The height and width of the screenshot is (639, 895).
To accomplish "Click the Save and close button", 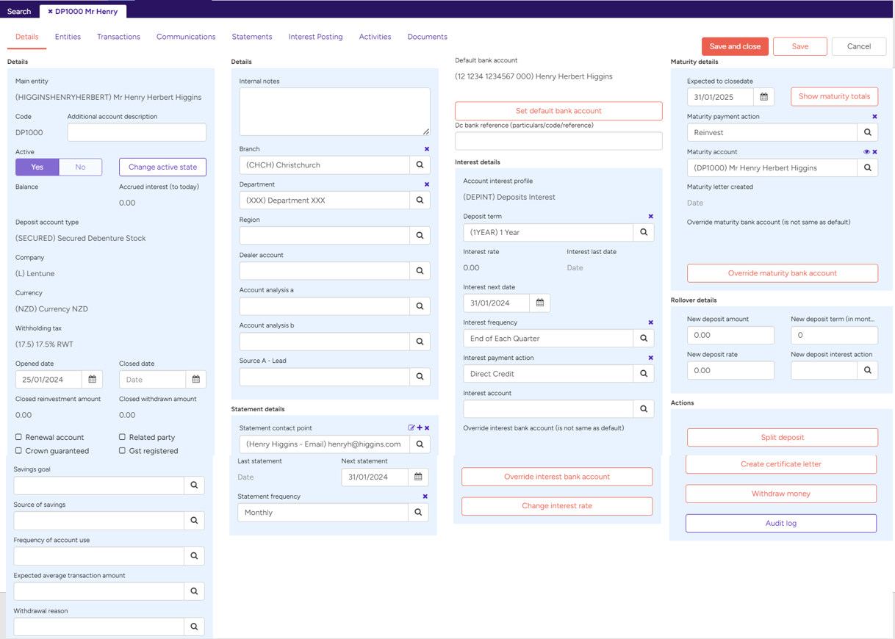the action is [735, 46].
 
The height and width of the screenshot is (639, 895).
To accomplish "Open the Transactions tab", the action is [118, 37].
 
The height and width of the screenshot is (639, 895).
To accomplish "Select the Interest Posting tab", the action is [316, 37].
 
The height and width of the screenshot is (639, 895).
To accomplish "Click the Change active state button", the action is [162, 167].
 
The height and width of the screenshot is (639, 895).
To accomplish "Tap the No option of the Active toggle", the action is [80, 167].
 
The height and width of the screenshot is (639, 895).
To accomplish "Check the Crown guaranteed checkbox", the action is [18, 450].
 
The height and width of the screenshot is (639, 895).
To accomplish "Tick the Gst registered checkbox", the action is [122, 450].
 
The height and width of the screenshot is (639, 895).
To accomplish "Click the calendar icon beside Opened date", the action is [93, 379].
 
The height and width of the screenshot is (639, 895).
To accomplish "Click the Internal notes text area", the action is [334, 112].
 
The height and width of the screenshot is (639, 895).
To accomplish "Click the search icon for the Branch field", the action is [420, 165].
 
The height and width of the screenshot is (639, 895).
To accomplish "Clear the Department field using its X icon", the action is [427, 184].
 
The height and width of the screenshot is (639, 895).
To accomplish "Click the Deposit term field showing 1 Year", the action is [548, 232].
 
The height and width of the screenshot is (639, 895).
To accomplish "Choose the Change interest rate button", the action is [557, 505].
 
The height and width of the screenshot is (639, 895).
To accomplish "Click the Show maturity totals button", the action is [834, 96].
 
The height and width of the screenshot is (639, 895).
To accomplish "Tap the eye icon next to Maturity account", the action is [866, 152].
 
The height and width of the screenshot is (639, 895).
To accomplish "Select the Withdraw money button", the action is [781, 494].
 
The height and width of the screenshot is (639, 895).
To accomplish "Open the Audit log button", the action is [781, 523].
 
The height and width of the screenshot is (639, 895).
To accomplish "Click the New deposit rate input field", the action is [730, 370].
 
